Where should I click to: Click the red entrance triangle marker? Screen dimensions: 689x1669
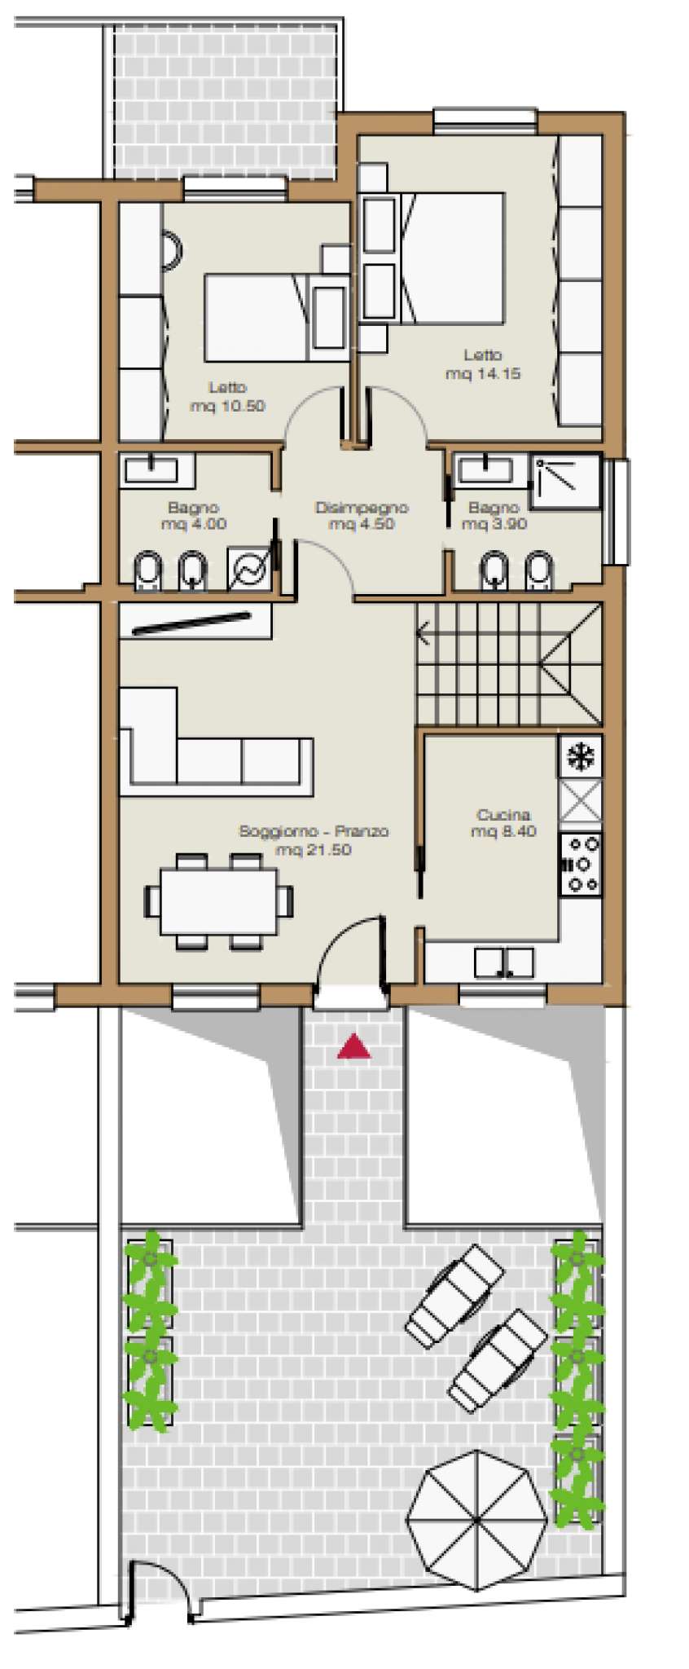[353, 1046]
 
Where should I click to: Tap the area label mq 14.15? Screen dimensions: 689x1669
[483, 374]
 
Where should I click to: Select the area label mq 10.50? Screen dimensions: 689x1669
[227, 406]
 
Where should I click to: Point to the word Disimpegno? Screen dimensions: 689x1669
[362, 508]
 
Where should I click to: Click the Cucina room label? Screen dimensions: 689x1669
[503, 814]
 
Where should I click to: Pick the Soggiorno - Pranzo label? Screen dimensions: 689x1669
[314, 831]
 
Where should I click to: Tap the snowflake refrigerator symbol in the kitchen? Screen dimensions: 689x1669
[581, 757]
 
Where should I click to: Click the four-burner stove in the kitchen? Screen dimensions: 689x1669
[581, 864]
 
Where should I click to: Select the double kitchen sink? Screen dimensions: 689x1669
[504, 962]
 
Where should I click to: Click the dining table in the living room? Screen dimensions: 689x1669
[217, 901]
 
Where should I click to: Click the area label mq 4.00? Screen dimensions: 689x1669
[194, 524]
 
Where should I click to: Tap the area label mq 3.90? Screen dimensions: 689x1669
[494, 524]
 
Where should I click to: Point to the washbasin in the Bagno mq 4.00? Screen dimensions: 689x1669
[150, 470]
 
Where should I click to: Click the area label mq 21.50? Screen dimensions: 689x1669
[314, 850]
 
